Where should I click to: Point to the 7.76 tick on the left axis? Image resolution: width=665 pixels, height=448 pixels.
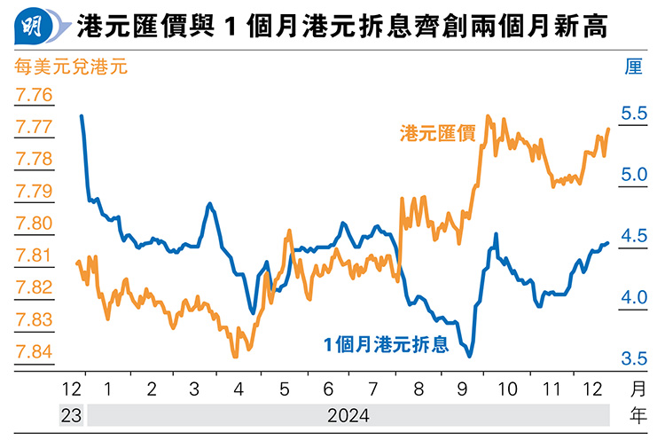click(34, 95)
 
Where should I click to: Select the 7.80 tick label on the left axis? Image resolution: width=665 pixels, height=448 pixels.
click(34, 224)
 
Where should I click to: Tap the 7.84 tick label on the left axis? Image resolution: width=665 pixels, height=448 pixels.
click(34, 352)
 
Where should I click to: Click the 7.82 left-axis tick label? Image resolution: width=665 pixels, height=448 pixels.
click(34, 287)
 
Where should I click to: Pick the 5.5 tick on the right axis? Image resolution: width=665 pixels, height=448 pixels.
click(634, 114)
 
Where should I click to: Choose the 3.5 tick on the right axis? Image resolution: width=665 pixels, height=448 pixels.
click(634, 358)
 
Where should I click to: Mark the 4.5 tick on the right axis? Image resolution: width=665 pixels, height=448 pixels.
click(634, 236)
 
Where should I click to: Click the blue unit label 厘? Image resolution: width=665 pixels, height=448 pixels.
click(633, 66)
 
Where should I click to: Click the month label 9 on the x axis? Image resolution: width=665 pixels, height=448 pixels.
click(464, 389)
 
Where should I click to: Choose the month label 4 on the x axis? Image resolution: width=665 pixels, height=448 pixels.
click(239, 389)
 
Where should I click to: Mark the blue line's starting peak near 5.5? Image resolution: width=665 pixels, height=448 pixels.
click(82, 116)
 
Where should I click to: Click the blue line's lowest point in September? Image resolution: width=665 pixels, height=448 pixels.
click(469, 356)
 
